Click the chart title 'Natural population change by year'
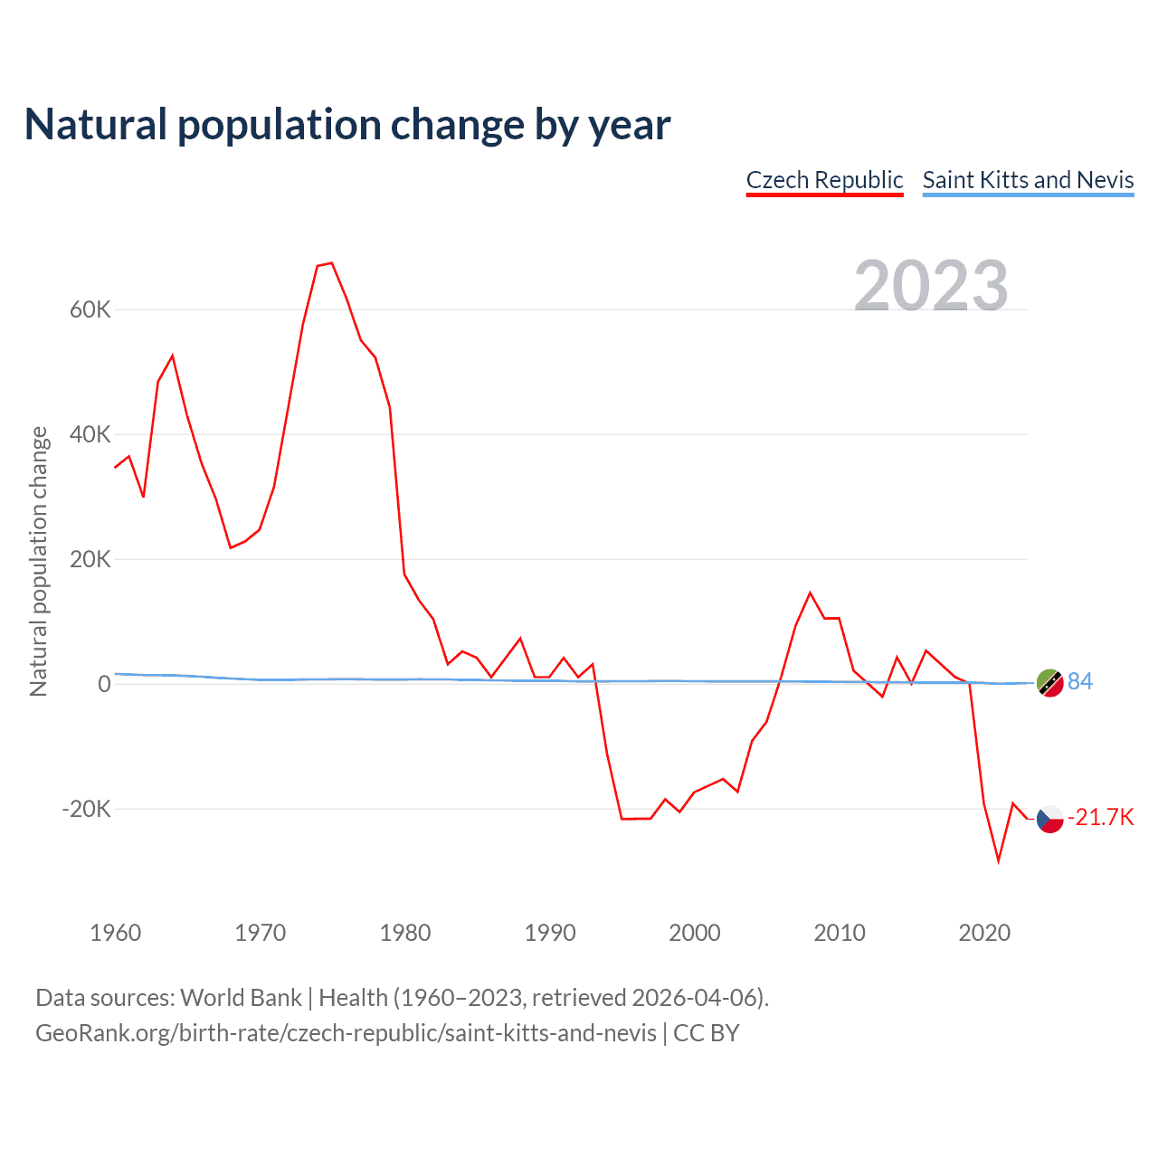coord(347,125)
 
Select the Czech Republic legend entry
coord(824,180)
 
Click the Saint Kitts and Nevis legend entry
coord(1028,180)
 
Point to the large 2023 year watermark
coord(931,285)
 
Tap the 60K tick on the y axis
coord(90,310)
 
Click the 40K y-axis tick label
coord(90,435)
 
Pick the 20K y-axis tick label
coord(90,560)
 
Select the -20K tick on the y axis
coord(86,809)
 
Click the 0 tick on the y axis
coord(104,685)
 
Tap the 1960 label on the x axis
coord(116,933)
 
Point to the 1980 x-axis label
coord(405,933)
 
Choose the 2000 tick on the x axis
coord(695,933)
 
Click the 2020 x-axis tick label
coord(984,933)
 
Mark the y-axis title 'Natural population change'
coord(39,562)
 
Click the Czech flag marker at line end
coord(1049,820)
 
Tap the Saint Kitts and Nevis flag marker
coord(1049,683)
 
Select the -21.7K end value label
coord(1100,818)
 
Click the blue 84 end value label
coord(1080,681)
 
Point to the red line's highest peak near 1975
coord(332,263)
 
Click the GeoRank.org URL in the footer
coord(346,1033)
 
